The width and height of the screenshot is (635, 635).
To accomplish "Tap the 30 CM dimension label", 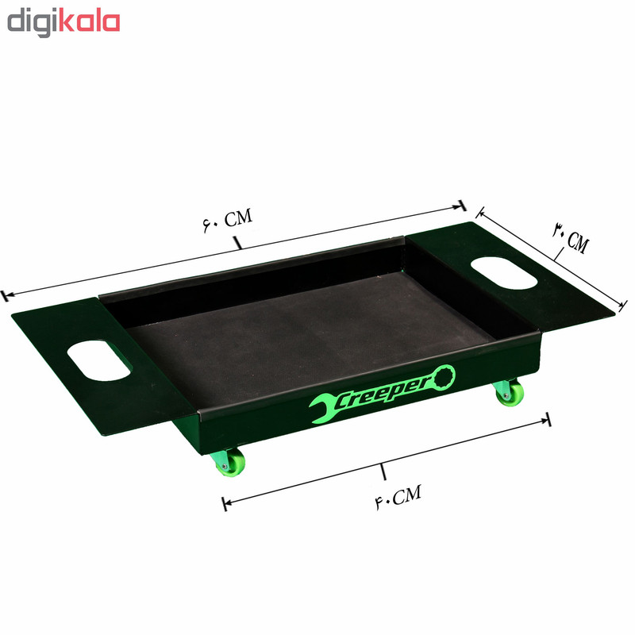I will [x=570, y=237].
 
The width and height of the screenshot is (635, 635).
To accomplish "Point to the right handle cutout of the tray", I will [x=505, y=272].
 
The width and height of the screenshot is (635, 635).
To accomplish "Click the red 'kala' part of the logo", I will [x=89, y=22].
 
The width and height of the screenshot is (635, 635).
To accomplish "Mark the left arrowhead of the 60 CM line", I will [x=6, y=296].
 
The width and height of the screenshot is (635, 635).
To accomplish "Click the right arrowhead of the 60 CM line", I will [x=460, y=206].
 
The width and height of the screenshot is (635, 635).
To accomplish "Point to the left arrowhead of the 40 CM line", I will [x=226, y=503].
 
